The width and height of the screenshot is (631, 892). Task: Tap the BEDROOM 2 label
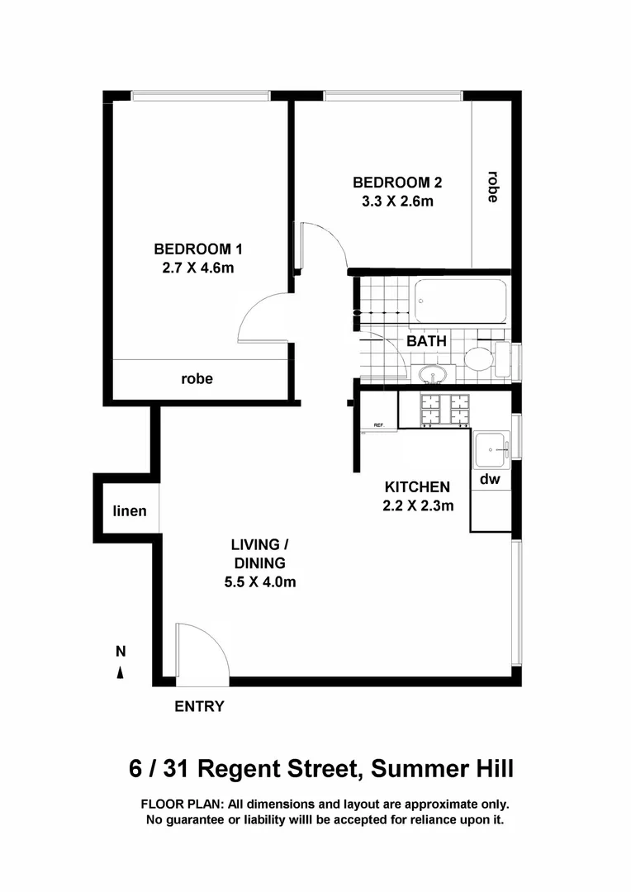coord(392,183)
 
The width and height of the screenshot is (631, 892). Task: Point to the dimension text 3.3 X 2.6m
coord(392,201)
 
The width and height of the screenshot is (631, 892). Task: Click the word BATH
coord(426,340)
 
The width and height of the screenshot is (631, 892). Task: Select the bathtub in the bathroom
coord(460,301)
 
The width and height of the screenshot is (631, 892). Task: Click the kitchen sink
coord(493,449)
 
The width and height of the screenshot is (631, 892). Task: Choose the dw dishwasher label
coord(490,479)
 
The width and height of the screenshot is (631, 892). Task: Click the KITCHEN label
coord(417,487)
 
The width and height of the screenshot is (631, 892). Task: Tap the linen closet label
coord(130,511)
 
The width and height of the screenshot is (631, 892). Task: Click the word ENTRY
coord(199,706)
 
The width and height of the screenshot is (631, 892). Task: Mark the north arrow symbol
coord(121,672)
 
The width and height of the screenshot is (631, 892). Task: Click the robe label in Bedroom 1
coord(197,379)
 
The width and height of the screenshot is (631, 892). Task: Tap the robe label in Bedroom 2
coord(492,187)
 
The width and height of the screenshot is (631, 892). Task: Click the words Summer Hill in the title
coord(443,770)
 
